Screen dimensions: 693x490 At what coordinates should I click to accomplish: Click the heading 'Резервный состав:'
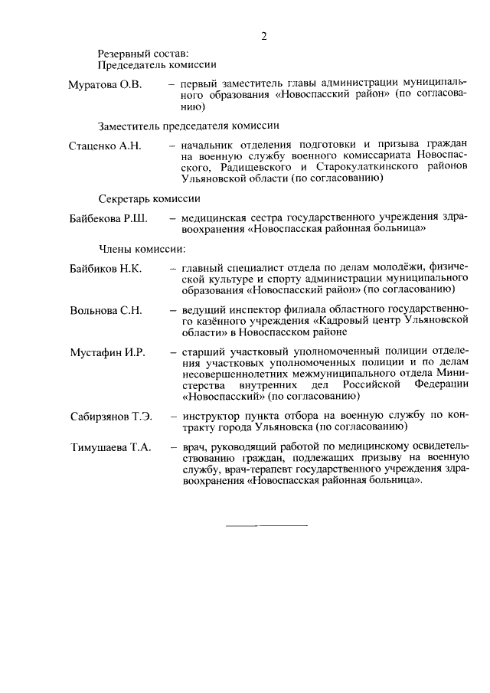tap(142, 54)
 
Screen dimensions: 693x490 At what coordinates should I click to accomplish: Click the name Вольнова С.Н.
tap(105, 310)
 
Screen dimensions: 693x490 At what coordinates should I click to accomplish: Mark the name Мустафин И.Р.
tap(106, 352)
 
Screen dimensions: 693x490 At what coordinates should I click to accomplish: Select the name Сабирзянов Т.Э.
tap(110, 416)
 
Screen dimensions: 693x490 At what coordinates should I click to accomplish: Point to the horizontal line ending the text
tap(267, 525)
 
